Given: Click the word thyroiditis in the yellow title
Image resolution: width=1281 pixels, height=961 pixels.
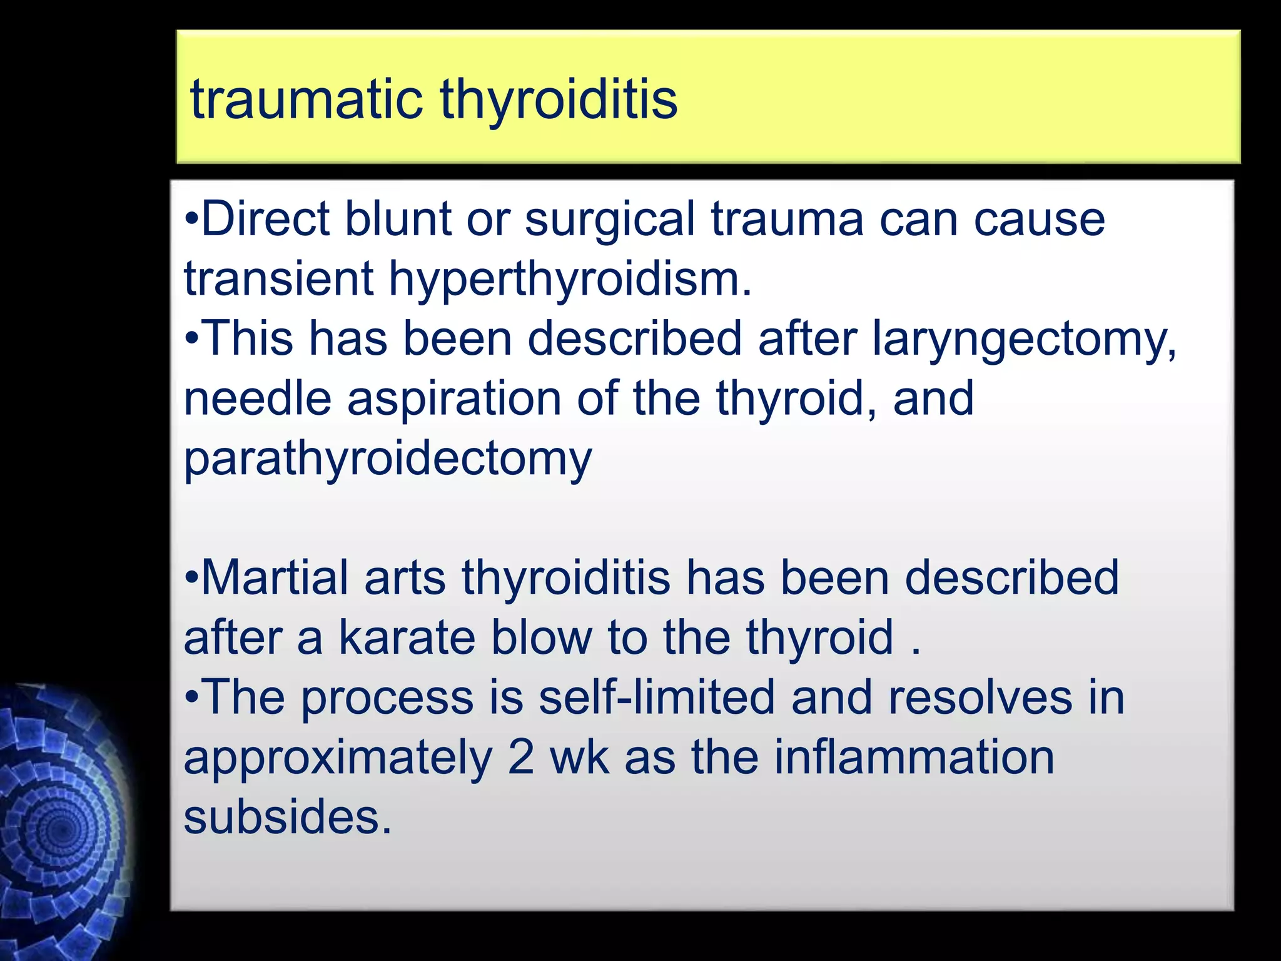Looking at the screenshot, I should coord(559,100).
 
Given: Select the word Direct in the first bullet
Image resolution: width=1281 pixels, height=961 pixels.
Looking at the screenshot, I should coord(265,220).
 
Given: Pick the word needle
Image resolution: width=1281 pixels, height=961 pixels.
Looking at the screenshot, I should coord(257,399).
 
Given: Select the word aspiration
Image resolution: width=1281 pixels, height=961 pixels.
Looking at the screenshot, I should coord(454,399).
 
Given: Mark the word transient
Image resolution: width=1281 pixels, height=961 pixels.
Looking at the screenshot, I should coord(278,280).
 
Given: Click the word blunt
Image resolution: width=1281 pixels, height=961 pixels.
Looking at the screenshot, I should coord(398,220).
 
